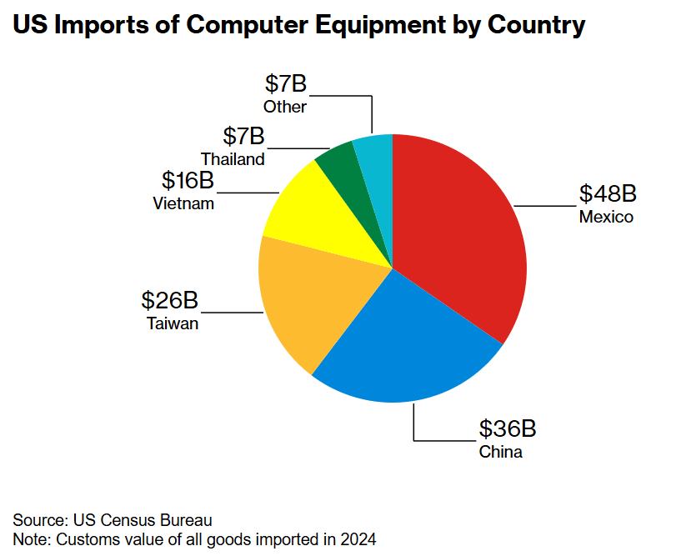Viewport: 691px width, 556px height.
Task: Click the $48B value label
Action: coord(608,194)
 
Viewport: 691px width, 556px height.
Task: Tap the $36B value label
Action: coord(507,429)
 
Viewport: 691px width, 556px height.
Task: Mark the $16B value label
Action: coord(187,180)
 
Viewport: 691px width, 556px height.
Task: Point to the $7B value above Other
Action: coord(286,83)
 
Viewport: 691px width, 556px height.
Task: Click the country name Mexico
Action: coord(606,218)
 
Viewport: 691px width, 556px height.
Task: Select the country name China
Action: coord(500,453)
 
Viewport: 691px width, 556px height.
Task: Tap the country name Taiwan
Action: coord(173,323)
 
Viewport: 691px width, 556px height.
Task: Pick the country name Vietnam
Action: coord(183,203)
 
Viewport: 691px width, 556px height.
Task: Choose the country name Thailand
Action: coord(233,158)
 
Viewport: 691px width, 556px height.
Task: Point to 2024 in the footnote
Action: coord(360,538)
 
